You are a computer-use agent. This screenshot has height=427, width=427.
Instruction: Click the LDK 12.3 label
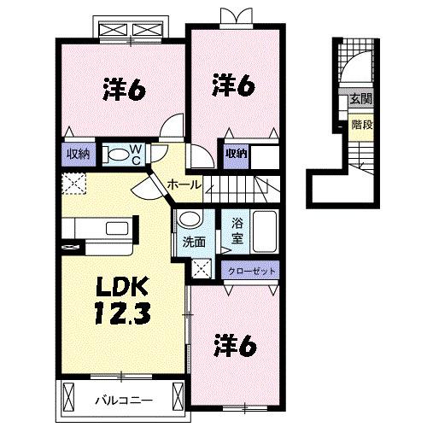[123, 301]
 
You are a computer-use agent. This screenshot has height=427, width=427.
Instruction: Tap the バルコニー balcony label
[124, 401]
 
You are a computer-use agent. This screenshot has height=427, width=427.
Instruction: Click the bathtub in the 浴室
[265, 231]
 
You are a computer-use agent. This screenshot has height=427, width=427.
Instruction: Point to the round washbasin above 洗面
[190, 219]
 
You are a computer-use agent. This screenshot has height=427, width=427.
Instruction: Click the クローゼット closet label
[252, 271]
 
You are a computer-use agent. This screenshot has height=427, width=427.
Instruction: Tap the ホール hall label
[184, 185]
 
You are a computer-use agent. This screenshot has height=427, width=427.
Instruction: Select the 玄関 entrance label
[361, 99]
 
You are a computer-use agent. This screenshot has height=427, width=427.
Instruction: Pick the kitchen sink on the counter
[117, 229]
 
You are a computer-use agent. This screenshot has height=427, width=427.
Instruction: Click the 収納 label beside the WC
[79, 154]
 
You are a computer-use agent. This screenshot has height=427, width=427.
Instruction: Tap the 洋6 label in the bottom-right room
[236, 346]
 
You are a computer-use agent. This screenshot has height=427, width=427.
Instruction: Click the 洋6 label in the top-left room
[125, 89]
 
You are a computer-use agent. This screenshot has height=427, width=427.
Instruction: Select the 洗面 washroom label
[194, 243]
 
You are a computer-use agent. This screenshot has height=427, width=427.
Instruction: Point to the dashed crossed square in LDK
[73, 184]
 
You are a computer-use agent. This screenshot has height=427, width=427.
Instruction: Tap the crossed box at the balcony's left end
[67, 396]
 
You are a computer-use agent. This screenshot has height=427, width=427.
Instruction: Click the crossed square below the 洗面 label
[202, 268]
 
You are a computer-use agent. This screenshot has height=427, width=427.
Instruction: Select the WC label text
[136, 154]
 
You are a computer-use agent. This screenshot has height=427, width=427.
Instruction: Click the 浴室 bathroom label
[237, 231]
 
